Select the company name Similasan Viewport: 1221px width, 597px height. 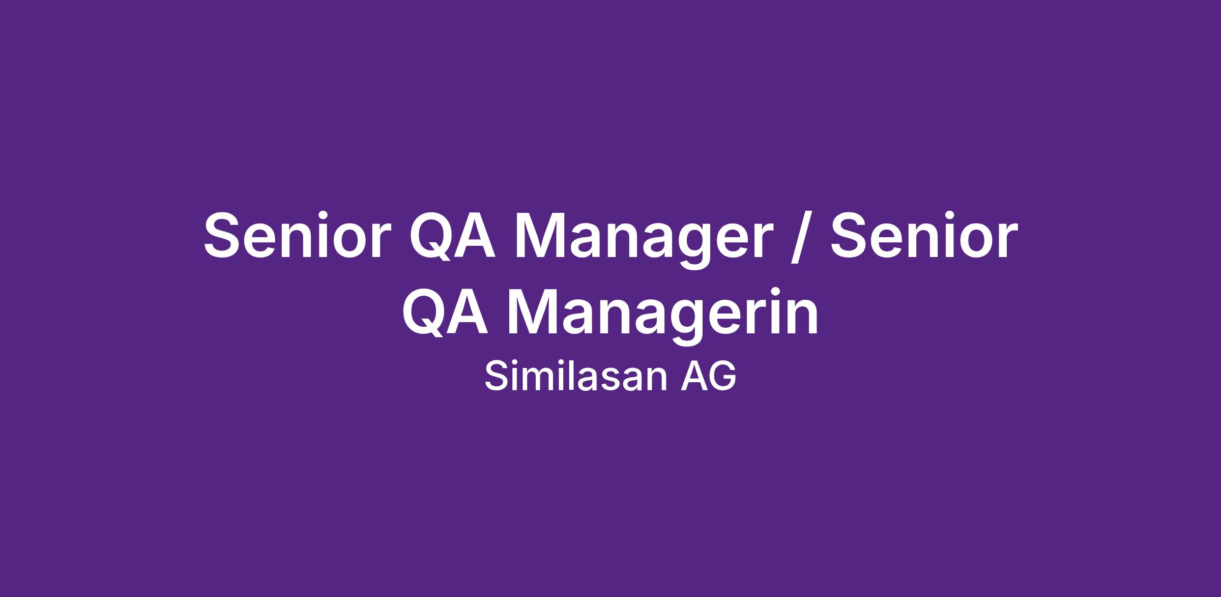(575, 376)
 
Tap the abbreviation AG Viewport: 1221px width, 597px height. (708, 377)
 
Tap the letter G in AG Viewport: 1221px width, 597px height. (723, 377)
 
